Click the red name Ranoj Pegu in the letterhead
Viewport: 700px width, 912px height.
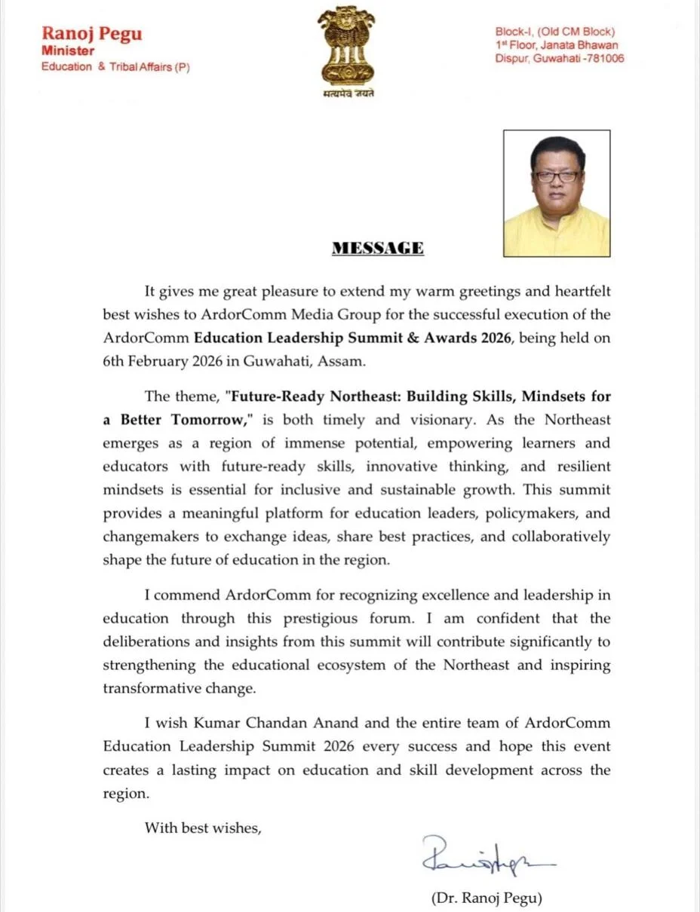coord(91,33)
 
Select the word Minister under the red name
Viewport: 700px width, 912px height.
coord(68,51)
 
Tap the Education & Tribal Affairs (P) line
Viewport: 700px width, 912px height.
coord(115,67)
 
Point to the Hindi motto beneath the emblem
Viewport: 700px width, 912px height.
coord(345,94)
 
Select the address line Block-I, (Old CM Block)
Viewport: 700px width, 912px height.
coord(555,32)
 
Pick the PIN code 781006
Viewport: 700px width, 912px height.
coord(603,59)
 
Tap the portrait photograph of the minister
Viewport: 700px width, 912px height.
coord(557,194)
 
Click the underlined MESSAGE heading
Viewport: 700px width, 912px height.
coord(378,248)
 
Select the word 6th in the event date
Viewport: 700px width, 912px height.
coord(115,361)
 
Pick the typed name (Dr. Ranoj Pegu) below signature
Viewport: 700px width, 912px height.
coord(487,898)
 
